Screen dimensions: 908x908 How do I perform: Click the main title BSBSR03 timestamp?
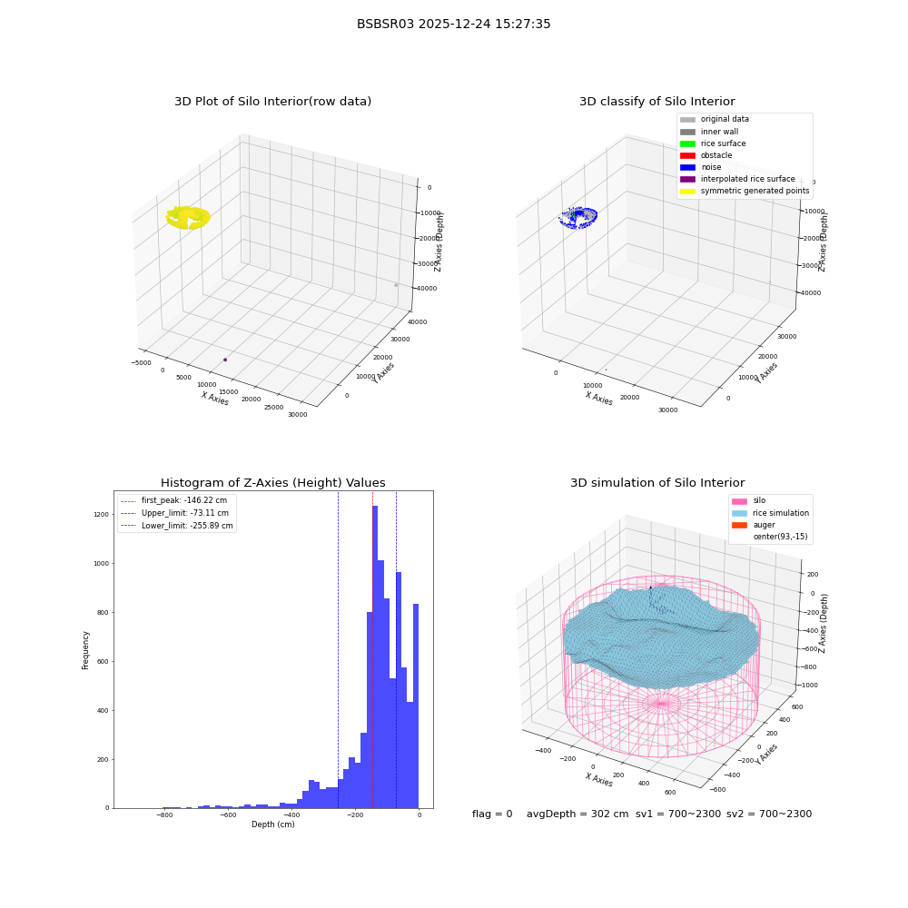coord(453,24)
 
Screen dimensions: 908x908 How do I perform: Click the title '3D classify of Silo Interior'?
coord(657,102)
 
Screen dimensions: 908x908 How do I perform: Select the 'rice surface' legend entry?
coord(713,143)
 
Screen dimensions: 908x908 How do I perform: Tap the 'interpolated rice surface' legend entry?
coord(737,179)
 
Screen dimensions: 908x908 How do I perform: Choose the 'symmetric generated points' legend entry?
coord(745,191)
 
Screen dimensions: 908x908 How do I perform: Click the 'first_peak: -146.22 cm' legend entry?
coord(174,500)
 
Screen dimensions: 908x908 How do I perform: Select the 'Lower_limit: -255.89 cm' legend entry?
coord(177,526)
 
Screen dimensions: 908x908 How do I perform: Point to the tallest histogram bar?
coord(375,656)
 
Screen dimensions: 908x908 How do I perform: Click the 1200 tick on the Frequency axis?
coord(101,514)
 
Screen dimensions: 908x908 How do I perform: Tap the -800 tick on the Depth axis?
coord(164,814)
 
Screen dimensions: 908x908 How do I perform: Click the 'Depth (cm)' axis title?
coord(272,824)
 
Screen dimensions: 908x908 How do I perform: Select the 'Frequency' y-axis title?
coord(85,650)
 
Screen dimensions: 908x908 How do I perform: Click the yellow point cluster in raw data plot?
coord(188,218)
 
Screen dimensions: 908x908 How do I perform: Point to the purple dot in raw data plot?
coord(225,360)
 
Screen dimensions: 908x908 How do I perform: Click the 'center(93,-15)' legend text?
coord(780,537)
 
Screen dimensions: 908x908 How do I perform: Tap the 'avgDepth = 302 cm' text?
coord(577,814)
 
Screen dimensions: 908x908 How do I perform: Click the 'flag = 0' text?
coord(492,814)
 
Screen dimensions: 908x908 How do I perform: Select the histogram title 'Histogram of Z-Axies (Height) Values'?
coord(272,483)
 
